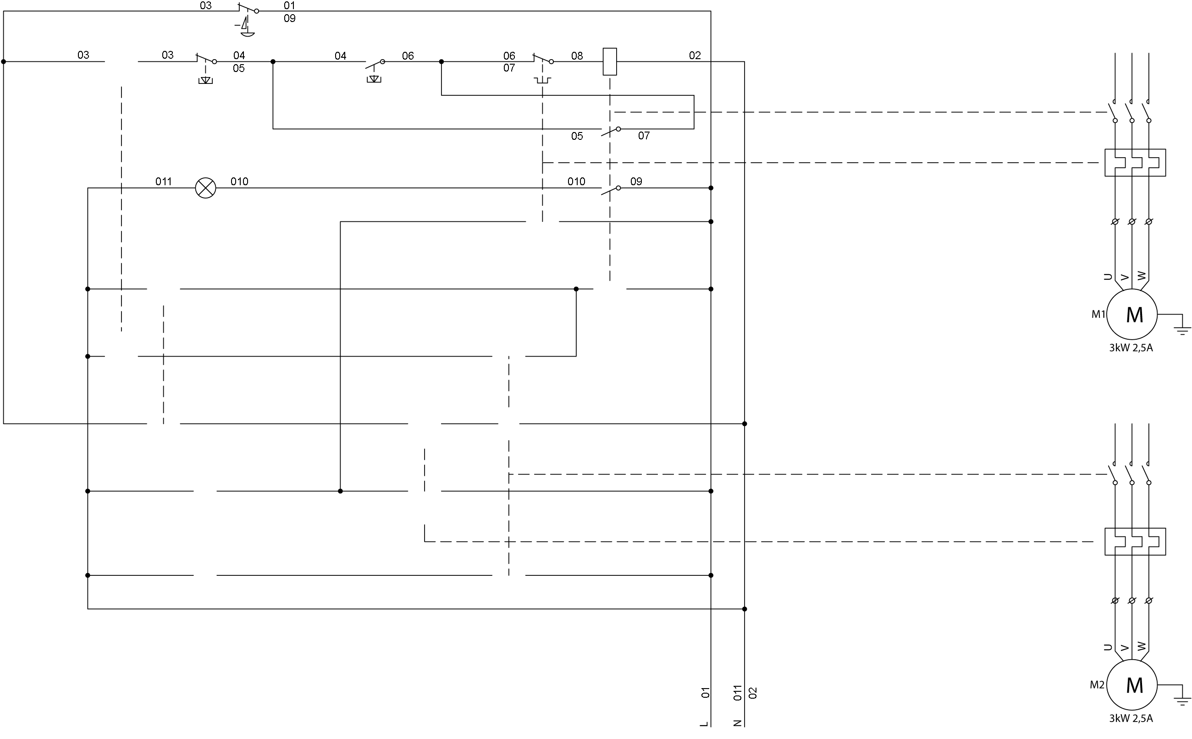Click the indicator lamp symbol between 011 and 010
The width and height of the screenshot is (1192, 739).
(x=205, y=188)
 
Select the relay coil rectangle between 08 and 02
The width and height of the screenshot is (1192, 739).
(x=609, y=61)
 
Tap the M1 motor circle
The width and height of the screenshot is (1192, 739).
(x=1132, y=314)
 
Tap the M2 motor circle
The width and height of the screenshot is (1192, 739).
(x=1132, y=685)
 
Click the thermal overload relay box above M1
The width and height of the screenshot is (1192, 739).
(x=1135, y=163)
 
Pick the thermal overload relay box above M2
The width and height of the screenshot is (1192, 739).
(x=1135, y=541)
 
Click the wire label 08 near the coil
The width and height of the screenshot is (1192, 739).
(x=577, y=56)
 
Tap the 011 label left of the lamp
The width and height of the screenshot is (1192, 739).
(x=163, y=182)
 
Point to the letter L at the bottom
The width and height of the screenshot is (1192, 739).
(x=704, y=724)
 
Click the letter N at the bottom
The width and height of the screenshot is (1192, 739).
(x=738, y=724)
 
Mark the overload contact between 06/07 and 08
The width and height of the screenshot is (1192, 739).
(x=543, y=61)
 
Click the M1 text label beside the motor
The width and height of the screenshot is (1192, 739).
(x=1098, y=314)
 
